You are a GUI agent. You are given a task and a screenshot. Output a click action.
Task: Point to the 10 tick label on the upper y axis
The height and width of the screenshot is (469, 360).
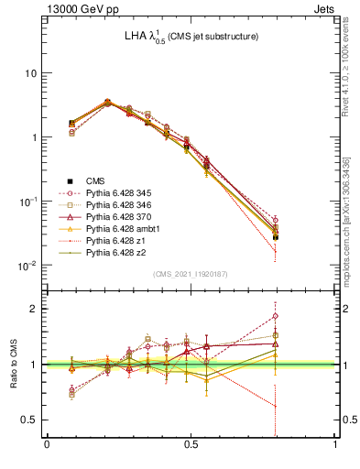click(30, 73)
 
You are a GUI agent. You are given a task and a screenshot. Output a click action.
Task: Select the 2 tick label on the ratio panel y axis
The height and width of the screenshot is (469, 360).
click(35, 309)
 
